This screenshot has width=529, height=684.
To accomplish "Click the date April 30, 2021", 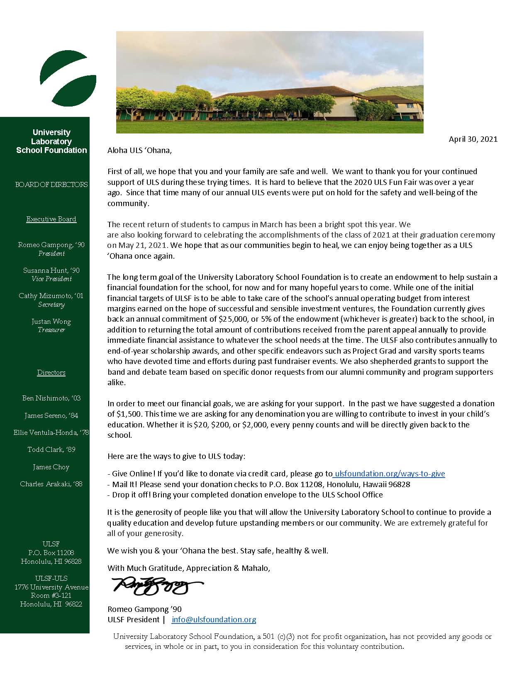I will pos(473,139).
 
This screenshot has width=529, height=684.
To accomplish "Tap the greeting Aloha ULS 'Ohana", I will pos(139,150).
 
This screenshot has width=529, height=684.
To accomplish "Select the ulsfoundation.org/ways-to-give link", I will pos(389,473).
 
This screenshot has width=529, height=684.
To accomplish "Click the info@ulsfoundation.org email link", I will pos(214,619).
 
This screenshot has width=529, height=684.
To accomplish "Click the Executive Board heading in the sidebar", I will pos(51,219).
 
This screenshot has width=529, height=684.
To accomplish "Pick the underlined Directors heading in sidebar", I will pos(51,373).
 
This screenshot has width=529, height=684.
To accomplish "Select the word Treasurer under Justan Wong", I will pos(51,330).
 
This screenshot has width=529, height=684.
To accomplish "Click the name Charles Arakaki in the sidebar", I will pos(46,484).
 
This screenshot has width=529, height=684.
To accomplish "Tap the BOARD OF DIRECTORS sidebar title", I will pos(51,184).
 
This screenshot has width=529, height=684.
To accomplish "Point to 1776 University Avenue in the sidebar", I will pos(51,587).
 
